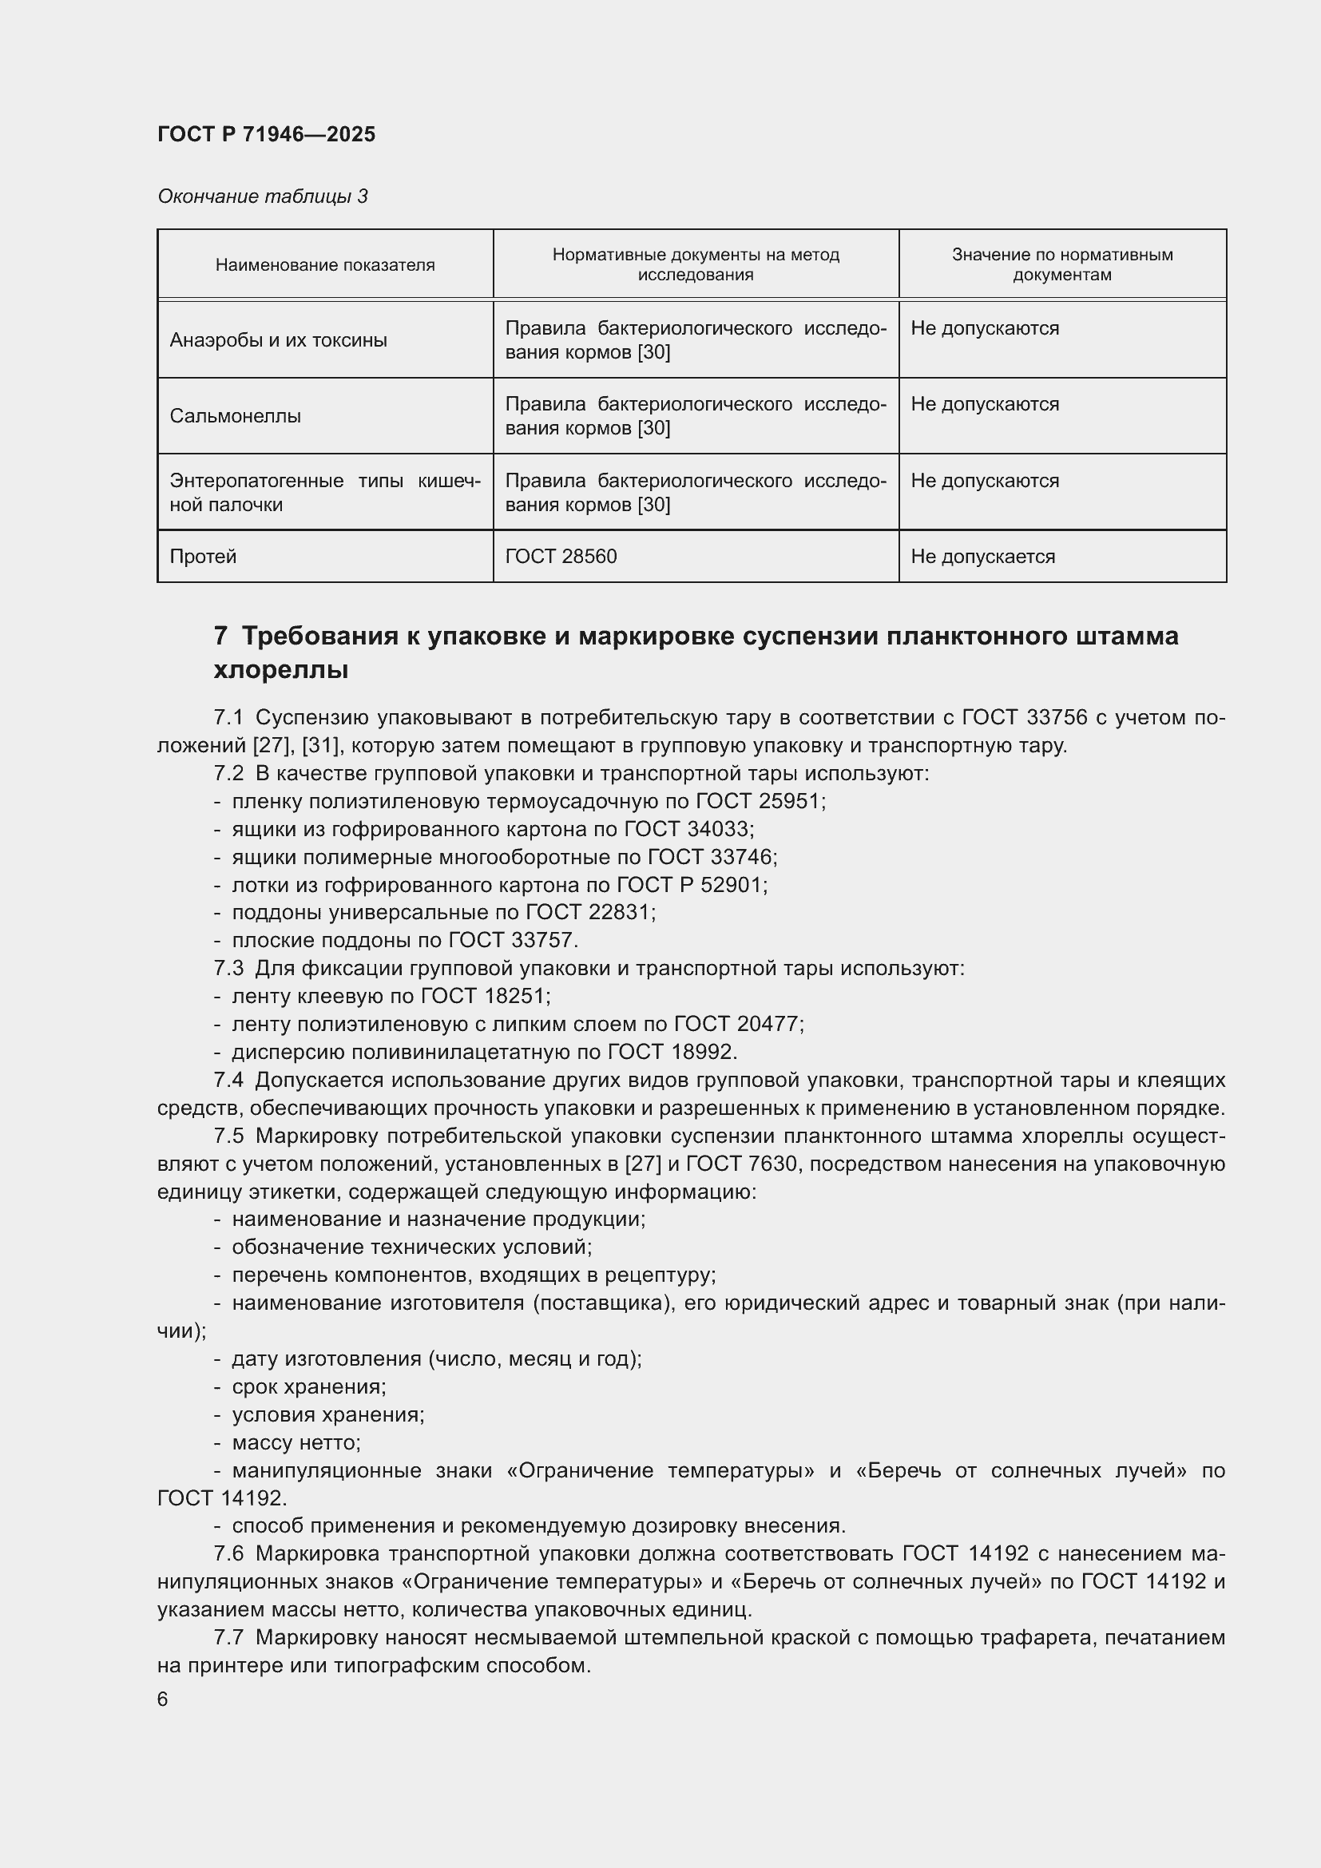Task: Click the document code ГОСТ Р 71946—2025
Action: tap(266, 134)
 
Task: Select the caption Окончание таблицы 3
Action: tap(262, 196)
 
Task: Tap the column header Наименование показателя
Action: tap(324, 265)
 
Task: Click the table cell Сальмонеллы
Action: tap(235, 417)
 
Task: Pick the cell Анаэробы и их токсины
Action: tap(278, 340)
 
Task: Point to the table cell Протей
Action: tap(203, 557)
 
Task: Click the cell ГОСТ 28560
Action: tap(561, 557)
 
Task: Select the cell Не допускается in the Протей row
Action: tap(982, 557)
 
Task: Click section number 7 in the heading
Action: tap(220, 636)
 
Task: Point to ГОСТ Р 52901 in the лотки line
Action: tap(691, 885)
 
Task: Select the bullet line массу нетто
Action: tap(296, 1442)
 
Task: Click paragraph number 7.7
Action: tap(228, 1638)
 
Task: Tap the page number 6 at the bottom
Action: tap(163, 1699)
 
